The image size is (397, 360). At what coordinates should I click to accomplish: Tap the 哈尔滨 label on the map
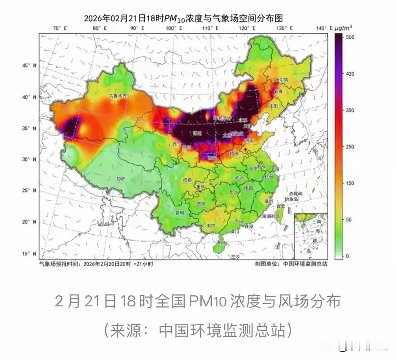(282, 80)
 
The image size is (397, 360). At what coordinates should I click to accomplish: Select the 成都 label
(187, 180)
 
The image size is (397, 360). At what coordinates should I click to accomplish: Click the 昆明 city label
(169, 213)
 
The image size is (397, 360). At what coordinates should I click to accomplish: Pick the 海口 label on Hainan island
(221, 243)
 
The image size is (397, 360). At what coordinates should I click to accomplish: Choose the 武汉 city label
(239, 177)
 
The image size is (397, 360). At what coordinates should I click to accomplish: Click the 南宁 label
(211, 226)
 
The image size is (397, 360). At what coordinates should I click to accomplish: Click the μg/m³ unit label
(344, 28)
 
